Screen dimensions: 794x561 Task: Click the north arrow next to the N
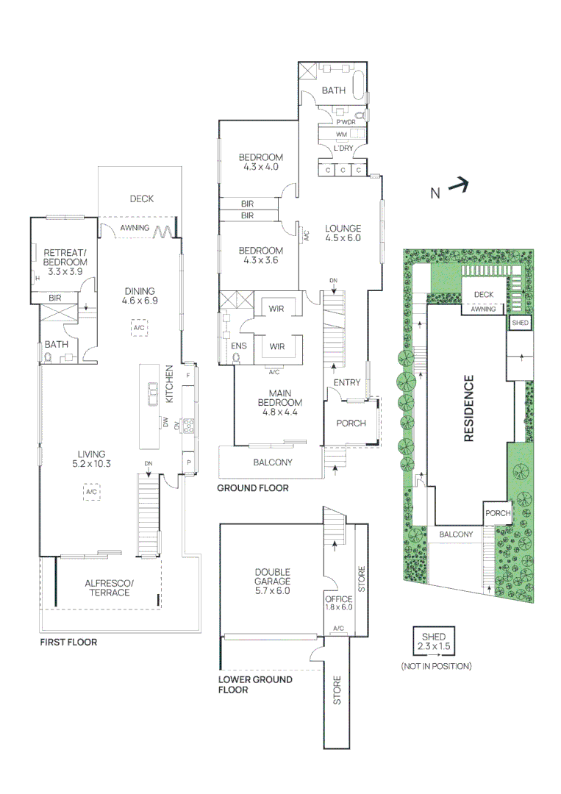[459, 186]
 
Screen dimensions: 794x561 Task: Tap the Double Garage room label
[272, 581]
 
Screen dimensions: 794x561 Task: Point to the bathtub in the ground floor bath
[358, 86]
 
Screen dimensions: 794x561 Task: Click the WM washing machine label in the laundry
[341, 135]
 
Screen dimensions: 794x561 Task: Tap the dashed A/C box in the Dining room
[139, 328]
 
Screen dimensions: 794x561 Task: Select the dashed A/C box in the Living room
[91, 492]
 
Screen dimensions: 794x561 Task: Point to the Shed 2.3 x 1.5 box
[434, 642]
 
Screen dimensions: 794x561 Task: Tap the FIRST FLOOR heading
[68, 642]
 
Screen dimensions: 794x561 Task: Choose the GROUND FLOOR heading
[252, 487]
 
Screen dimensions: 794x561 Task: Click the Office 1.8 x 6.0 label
[339, 603]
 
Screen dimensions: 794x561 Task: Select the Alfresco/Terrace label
[107, 587]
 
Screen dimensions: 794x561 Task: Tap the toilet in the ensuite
[237, 358]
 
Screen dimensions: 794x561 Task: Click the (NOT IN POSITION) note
[436, 666]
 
